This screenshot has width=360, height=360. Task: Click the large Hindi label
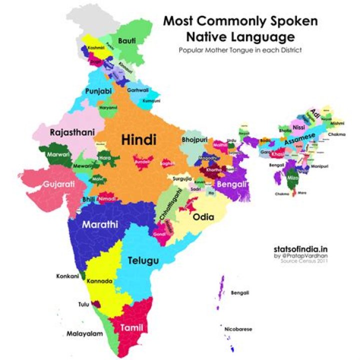(x=139, y=140)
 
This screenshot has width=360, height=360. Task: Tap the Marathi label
(x=100, y=224)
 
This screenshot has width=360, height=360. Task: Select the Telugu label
(x=143, y=260)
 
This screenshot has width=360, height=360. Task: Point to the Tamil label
(x=132, y=328)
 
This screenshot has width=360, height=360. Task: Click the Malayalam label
(x=84, y=333)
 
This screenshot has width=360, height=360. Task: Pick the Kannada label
(x=99, y=281)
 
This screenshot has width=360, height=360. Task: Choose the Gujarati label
(x=59, y=184)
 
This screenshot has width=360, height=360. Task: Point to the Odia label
(x=203, y=217)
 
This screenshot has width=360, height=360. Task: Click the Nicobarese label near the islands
(x=238, y=329)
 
